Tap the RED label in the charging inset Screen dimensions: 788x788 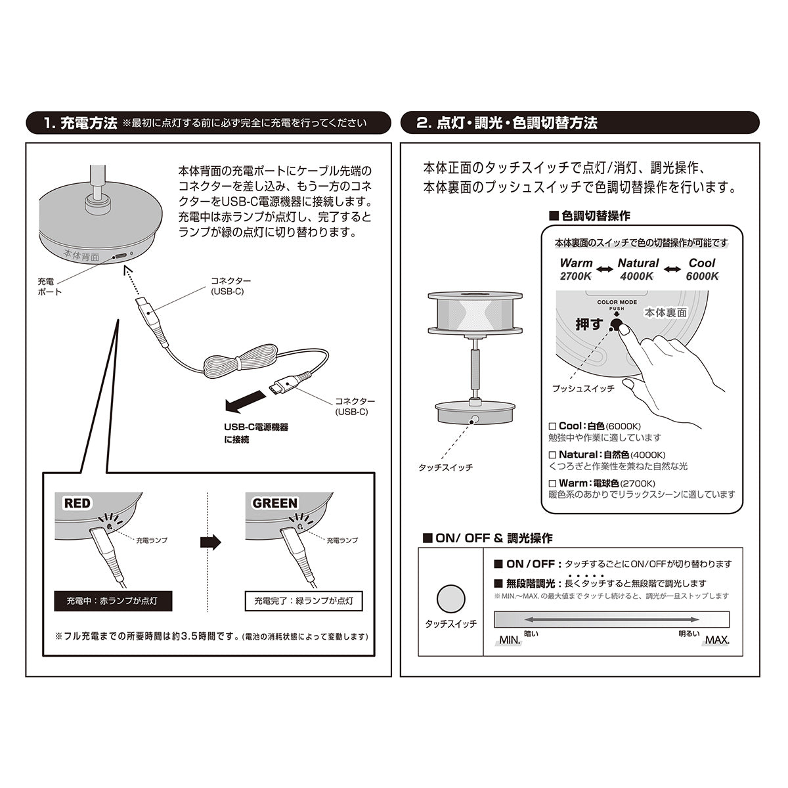[77, 504]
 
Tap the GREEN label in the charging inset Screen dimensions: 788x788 [275, 504]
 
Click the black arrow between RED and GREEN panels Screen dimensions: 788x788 [210, 542]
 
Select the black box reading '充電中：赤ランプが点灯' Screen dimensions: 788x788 [113, 600]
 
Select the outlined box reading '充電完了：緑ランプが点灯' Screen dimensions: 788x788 [303, 600]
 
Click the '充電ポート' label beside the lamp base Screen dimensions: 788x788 [50, 286]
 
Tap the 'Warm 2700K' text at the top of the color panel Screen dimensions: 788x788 [576, 270]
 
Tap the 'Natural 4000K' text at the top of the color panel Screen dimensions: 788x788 [637, 270]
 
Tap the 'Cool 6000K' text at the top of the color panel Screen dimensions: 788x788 [702, 270]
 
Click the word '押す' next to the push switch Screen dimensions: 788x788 [588, 324]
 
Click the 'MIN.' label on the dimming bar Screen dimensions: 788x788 [510, 640]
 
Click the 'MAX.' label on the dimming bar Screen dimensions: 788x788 [716, 640]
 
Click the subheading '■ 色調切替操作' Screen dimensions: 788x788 [589, 215]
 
